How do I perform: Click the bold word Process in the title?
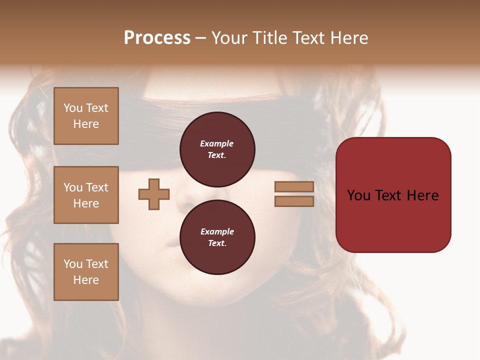[x=157, y=38]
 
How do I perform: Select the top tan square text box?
[x=86, y=116]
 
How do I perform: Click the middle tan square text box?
[x=86, y=195]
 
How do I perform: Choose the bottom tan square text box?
[x=86, y=271]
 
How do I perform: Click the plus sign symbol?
[x=154, y=194]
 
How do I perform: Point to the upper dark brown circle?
[x=217, y=149]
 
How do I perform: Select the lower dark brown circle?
[x=217, y=237]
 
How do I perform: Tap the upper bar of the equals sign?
[x=294, y=187]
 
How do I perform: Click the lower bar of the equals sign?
[x=294, y=201]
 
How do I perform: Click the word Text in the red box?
[x=393, y=195]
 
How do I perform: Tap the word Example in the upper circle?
[x=216, y=143]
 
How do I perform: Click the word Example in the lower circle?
[x=216, y=231]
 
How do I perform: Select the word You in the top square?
[x=73, y=108]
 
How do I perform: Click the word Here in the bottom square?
[x=86, y=280]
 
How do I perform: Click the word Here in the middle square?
[x=86, y=203]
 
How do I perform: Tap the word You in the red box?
[x=358, y=195]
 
